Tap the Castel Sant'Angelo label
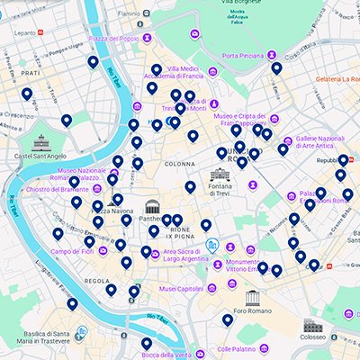pos(41,156)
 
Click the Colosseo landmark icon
pos(313,326)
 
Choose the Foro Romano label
pos(253,311)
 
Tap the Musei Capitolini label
pos(182,289)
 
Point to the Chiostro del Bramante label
pos(58,189)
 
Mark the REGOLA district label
pos(97,281)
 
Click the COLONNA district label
pos(179,165)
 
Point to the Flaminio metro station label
pos(129,14)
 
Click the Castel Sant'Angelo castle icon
pos(41,141)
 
